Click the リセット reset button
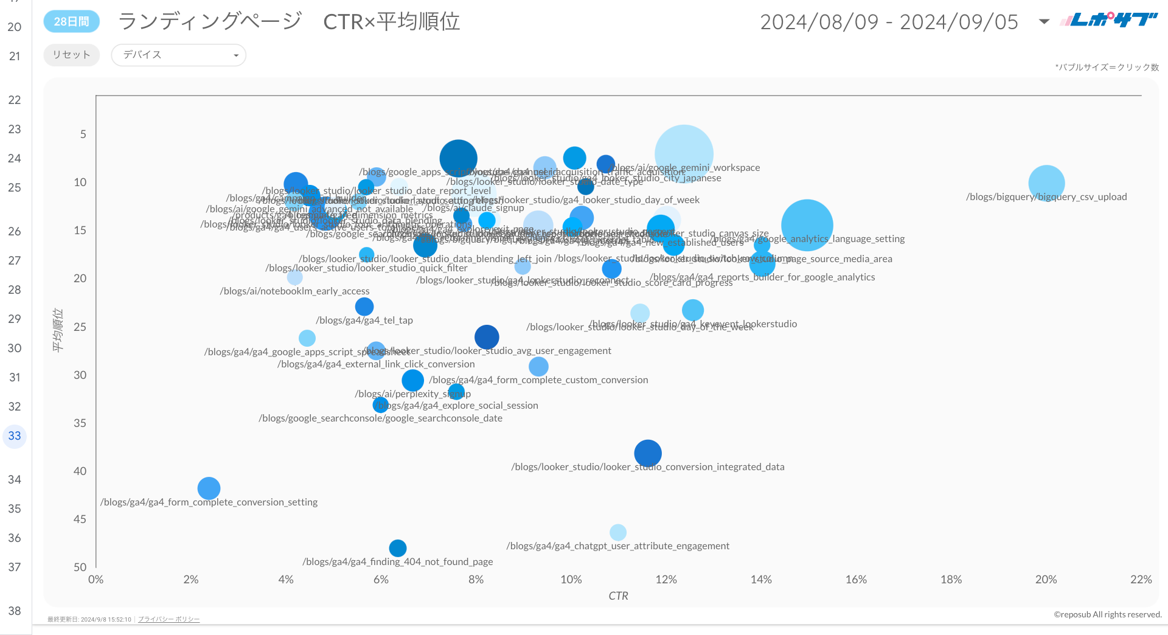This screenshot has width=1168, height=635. coord(71,55)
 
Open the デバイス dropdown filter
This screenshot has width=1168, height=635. coord(178,55)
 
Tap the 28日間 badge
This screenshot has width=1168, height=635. coord(71,21)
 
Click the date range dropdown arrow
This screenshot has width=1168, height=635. coord(1044,22)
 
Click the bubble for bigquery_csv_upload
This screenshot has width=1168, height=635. coord(1046,183)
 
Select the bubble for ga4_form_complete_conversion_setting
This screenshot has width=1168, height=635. coord(209,488)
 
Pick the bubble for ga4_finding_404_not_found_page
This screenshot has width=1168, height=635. coord(397,548)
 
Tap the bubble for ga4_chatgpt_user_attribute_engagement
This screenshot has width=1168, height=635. coord(617,532)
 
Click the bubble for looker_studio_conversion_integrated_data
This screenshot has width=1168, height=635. coord(648,453)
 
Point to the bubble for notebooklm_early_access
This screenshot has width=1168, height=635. coord(295,277)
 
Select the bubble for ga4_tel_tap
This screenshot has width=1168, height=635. coord(364,307)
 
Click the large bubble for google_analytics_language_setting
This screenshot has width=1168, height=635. coord(807,225)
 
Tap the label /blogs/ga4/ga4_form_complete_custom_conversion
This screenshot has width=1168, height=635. coord(538,380)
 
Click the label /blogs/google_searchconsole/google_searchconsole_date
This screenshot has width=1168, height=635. coord(380,418)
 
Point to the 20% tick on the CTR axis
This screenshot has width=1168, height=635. coord(1046,580)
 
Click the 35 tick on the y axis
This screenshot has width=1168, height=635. coord(80,423)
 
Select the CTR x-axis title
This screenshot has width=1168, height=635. coord(618,596)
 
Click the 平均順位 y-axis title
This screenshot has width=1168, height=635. coord(58,330)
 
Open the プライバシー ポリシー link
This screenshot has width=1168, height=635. coord(169,619)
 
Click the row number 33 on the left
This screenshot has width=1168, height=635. coord(15,436)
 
